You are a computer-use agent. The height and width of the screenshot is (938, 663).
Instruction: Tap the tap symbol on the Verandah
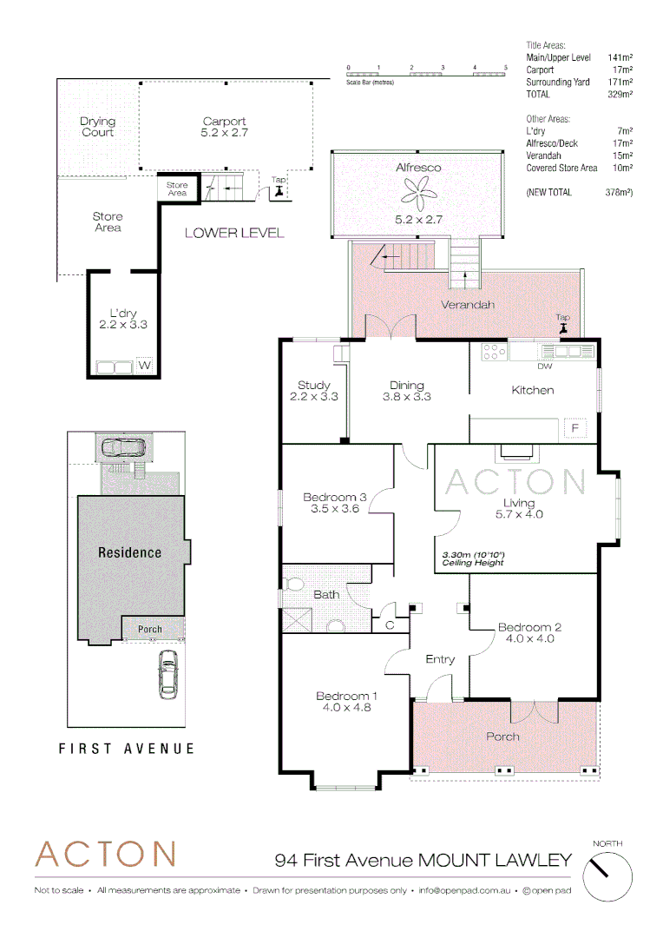click(x=565, y=325)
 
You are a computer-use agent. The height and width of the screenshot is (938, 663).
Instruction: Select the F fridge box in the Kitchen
click(x=574, y=428)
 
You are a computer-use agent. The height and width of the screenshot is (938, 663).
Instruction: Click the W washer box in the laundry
click(x=145, y=367)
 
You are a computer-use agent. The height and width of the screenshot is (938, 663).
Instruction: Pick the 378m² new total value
click(x=618, y=192)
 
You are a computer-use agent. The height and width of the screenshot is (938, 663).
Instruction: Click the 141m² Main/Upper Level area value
click(x=619, y=57)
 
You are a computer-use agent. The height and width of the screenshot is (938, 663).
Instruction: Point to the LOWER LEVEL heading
click(x=234, y=234)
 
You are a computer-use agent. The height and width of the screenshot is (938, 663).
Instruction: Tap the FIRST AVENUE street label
click(x=127, y=748)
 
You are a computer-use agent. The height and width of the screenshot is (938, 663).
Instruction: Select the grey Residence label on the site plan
click(x=129, y=552)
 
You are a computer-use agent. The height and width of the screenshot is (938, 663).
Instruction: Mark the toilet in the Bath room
click(x=292, y=582)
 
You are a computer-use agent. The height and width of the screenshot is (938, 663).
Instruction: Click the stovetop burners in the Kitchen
click(x=494, y=352)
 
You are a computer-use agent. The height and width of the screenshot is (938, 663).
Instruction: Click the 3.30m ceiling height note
click(x=474, y=558)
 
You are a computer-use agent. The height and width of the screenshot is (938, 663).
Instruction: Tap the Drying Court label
click(x=97, y=127)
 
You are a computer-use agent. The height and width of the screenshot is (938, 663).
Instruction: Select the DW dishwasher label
click(x=544, y=366)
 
